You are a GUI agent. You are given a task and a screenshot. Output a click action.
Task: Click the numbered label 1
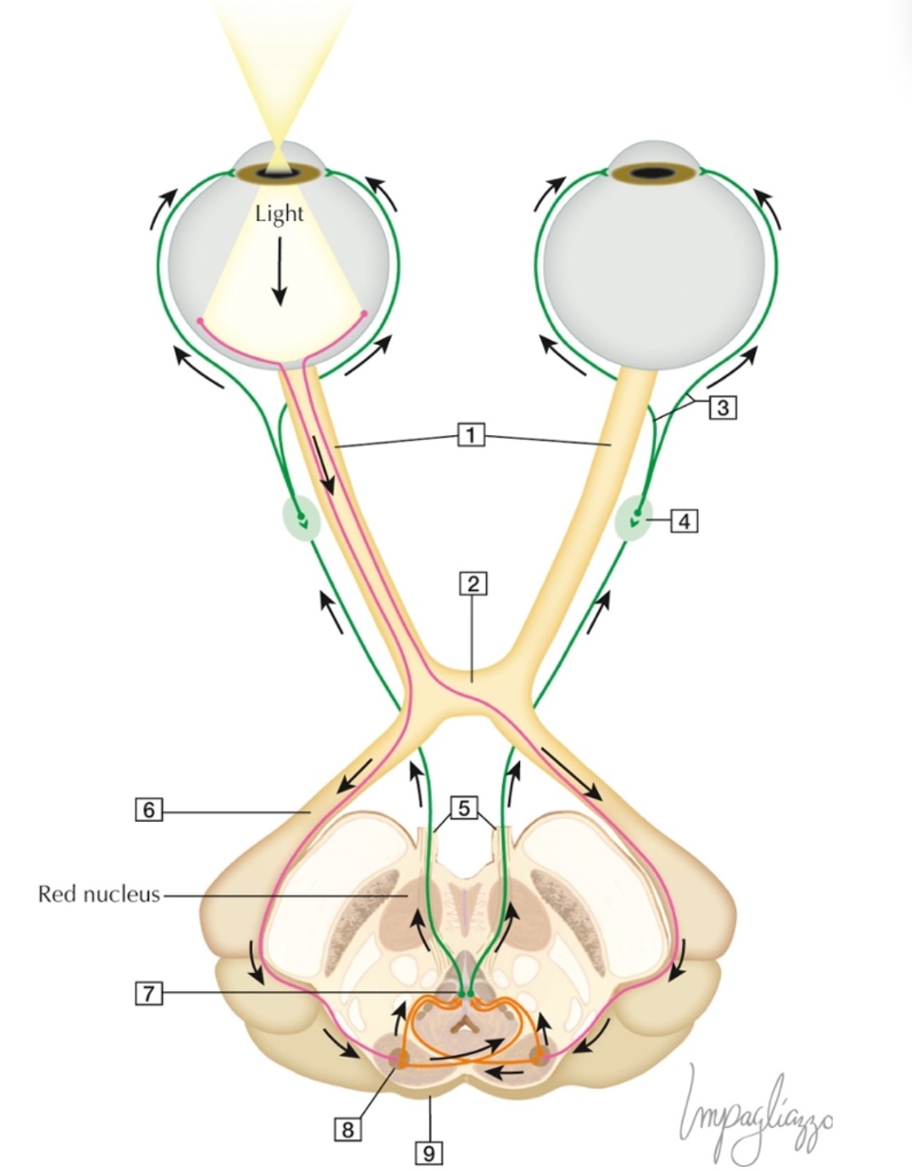[470, 435]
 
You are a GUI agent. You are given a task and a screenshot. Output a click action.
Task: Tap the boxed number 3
[722, 407]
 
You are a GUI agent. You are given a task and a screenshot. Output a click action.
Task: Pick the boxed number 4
[685, 520]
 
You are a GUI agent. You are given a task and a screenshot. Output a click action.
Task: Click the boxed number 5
[464, 809]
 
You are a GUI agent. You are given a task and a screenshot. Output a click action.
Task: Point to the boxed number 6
[148, 810]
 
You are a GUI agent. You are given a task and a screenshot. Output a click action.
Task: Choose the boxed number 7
[148, 994]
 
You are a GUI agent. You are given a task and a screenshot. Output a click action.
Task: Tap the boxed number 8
[348, 1129]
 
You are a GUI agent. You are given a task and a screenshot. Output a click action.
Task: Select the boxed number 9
[429, 1153]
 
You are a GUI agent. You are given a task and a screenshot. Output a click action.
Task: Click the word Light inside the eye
[279, 214]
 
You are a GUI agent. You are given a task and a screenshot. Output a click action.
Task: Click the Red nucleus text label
[99, 894]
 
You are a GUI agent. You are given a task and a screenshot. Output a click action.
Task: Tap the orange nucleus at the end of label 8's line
[400, 1060]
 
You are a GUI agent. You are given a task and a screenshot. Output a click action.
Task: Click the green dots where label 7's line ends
[465, 994]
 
